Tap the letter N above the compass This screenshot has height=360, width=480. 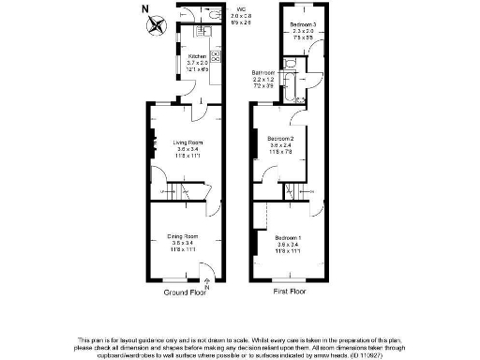pyautogui.click(x=143, y=9)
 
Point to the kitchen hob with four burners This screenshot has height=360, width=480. pyautogui.click(x=215, y=57)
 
